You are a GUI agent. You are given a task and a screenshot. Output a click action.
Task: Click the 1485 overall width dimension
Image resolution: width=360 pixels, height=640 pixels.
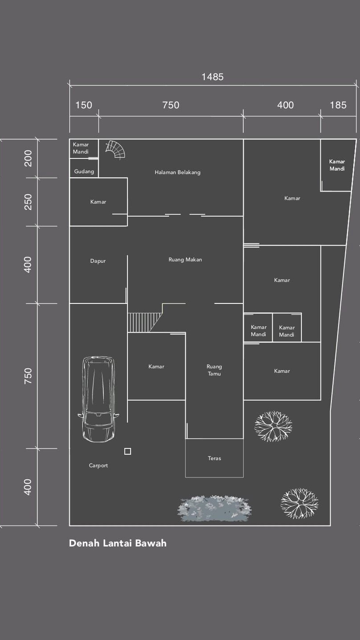tap(213, 77)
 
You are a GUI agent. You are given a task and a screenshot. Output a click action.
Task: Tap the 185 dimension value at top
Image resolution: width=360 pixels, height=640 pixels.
tap(338, 105)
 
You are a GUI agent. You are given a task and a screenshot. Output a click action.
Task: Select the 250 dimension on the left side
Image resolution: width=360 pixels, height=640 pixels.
tap(28, 202)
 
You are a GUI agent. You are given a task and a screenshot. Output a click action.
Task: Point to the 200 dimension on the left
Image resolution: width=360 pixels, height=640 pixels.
tap(28, 159)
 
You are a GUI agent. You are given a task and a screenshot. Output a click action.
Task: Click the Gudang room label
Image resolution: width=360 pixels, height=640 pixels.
tap(84, 171)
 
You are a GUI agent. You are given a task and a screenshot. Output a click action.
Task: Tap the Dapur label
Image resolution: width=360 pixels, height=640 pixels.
tap(98, 261)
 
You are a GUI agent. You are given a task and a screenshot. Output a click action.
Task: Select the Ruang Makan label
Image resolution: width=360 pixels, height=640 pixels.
tap(185, 260)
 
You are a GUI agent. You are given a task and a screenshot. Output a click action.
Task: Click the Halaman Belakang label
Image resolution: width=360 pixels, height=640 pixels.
tap(178, 172)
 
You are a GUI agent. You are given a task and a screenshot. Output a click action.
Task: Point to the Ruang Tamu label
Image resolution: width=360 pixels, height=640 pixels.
tap(214, 370)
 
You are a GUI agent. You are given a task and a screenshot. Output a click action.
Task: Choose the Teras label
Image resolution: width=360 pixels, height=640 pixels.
tap(214, 458)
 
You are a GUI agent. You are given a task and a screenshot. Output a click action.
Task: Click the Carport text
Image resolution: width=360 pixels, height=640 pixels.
tap(99, 466)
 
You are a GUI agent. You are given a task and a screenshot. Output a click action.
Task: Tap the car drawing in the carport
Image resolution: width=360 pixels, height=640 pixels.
tap(98, 399)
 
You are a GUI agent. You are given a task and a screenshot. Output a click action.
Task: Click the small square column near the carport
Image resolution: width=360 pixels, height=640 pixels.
tap(128, 451)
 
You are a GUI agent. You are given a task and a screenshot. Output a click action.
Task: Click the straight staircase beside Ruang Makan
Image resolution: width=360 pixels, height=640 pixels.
tap(145, 322)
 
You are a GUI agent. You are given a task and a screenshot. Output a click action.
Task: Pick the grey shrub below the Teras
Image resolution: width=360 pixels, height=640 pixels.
tap(214, 508)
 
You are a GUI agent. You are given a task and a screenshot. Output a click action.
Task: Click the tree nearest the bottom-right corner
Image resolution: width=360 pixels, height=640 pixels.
tap(300, 504)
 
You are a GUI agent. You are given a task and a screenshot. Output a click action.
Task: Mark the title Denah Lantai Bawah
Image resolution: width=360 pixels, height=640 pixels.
tap(118, 543)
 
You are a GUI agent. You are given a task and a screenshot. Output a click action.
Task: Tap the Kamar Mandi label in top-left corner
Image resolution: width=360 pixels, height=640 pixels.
tap(81, 148)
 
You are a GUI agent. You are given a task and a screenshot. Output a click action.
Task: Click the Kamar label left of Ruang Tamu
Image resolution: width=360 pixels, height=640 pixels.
tap(156, 367)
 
